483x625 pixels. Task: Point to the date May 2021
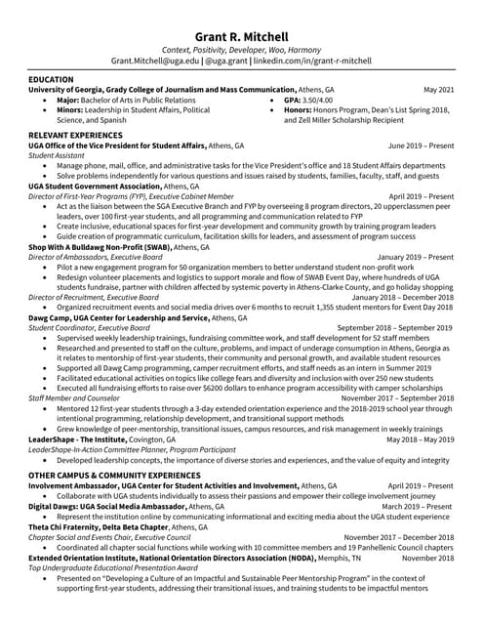(x=437, y=89)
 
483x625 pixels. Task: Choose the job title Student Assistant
(x=57, y=155)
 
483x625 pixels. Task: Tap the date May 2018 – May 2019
(x=420, y=439)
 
